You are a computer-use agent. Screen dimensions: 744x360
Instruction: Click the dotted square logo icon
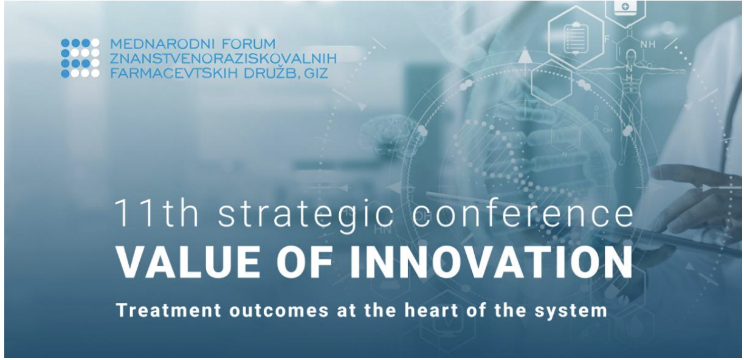80,58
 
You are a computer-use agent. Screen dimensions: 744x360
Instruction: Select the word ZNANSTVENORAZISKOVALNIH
223,58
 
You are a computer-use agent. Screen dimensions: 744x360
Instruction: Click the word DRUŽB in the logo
272,72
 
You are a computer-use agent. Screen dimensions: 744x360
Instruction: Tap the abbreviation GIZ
316,73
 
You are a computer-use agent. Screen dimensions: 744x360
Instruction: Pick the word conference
523,213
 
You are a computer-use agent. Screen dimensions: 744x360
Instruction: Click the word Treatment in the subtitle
169,310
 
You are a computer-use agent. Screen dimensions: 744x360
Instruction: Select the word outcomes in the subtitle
279,311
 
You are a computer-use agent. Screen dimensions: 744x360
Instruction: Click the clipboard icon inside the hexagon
575,37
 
